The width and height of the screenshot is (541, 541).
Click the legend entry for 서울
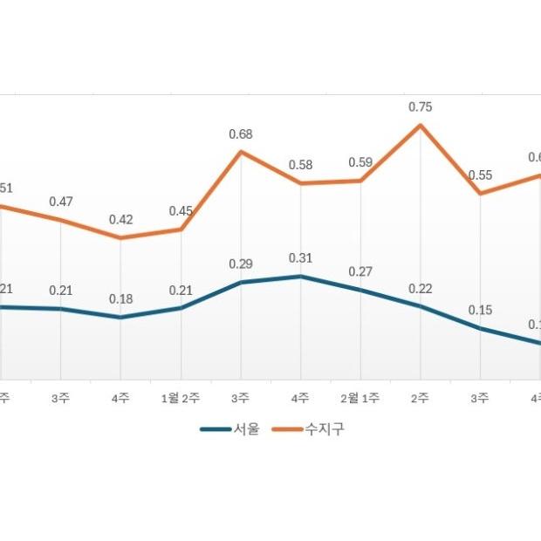[x=230, y=429]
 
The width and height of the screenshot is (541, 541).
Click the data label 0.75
[x=421, y=106]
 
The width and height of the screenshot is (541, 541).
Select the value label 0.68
[x=241, y=134]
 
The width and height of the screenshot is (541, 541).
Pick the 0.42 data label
[x=120, y=220]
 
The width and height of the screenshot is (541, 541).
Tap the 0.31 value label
[x=300, y=257]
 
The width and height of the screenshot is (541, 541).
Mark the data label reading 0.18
[x=120, y=299]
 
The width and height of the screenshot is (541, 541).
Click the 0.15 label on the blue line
[x=480, y=310]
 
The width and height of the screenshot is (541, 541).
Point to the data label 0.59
[x=360, y=162]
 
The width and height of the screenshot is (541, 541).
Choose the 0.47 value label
[x=60, y=202]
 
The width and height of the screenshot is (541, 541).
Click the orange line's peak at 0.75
[x=421, y=126]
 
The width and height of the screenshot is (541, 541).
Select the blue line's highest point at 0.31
[x=300, y=276]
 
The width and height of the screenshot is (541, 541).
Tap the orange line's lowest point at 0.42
[x=120, y=237]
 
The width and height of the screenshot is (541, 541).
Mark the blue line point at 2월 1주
[x=360, y=289]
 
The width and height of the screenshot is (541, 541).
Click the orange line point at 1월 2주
[x=181, y=229]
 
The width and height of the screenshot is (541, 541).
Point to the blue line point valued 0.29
[x=241, y=282]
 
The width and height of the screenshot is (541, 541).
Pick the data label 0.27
[x=360, y=271]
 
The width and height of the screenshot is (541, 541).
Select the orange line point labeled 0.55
[x=480, y=193]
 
